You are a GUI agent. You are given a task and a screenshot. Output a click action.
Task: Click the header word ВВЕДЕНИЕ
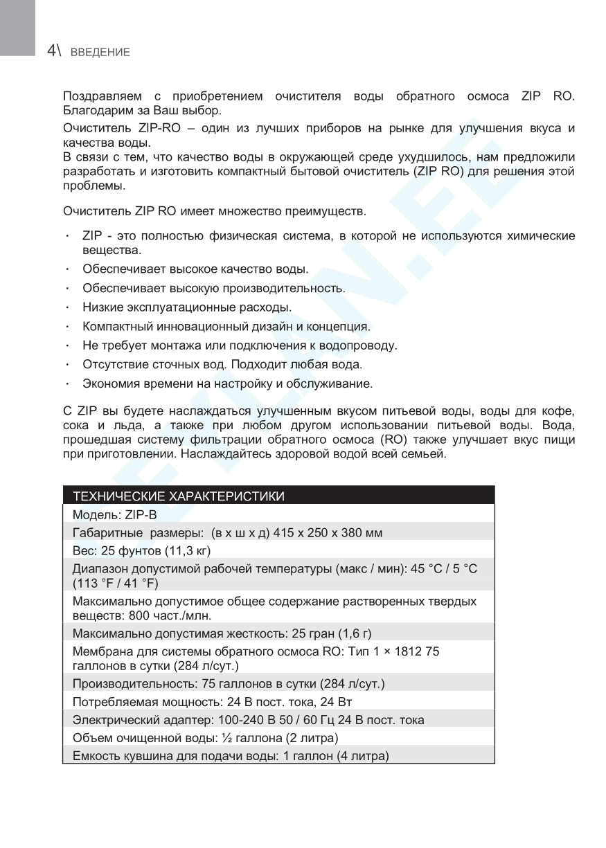pos(100,53)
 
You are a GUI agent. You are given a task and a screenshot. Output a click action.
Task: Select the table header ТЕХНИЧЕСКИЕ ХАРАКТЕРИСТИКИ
pos(179,496)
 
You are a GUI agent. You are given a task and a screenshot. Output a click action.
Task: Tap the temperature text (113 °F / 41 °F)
pos(116,582)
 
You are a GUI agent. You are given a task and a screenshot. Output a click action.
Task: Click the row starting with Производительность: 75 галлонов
pos(229,684)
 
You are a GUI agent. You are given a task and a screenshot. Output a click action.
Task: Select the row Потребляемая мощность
pos(213,702)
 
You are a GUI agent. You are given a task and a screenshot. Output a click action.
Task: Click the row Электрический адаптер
pos(248,720)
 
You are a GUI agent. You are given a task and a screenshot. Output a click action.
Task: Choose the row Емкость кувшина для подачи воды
pos(231,756)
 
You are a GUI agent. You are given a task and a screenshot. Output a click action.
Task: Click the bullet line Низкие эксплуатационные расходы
pos(187,307)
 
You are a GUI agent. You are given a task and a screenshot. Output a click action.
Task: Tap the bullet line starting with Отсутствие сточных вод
pos(222,363)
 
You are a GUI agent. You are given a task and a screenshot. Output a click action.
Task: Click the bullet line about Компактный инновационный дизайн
pos(226,326)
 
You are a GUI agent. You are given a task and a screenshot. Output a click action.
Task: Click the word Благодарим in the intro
pos(93,111)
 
